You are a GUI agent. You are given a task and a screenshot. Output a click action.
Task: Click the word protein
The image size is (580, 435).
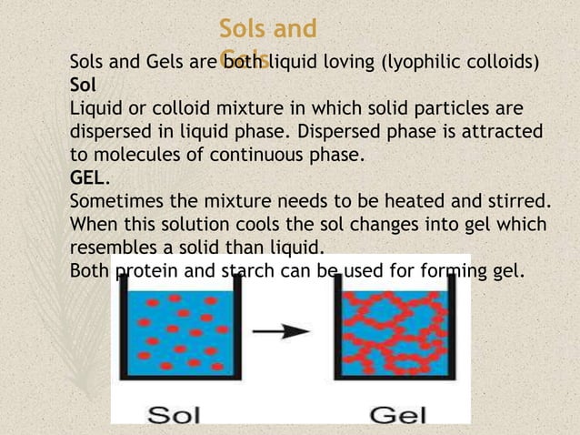point(146,269)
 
